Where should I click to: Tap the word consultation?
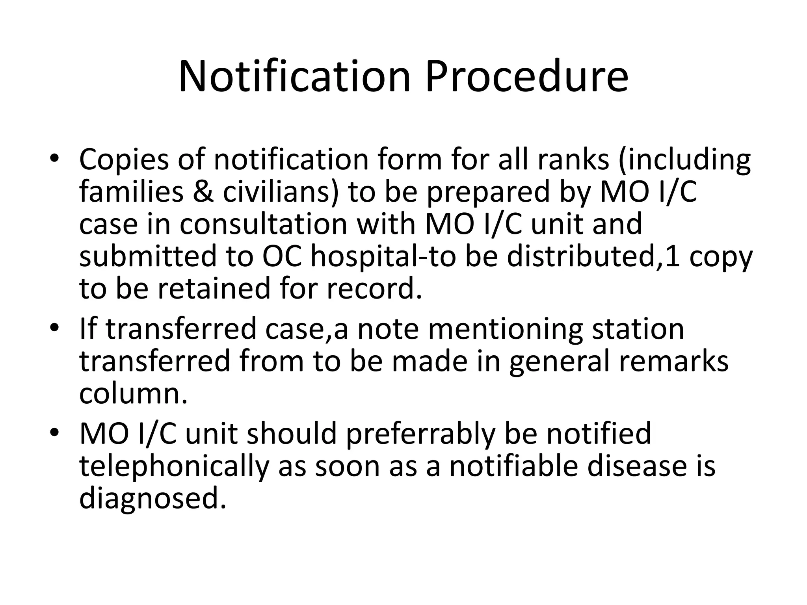click(264, 224)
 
